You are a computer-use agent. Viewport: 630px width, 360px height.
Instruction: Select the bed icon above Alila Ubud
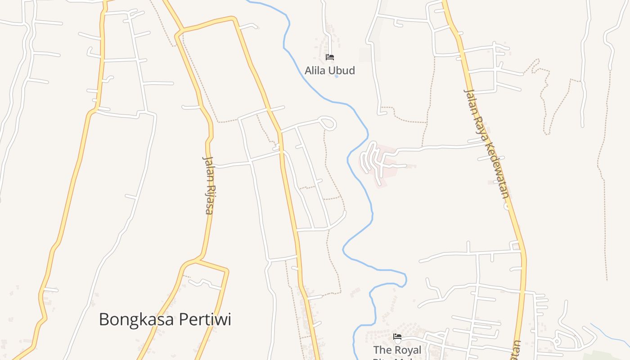click(330, 57)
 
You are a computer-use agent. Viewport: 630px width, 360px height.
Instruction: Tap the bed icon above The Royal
click(397, 337)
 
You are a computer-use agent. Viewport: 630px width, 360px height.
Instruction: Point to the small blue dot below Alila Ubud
click(336, 77)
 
